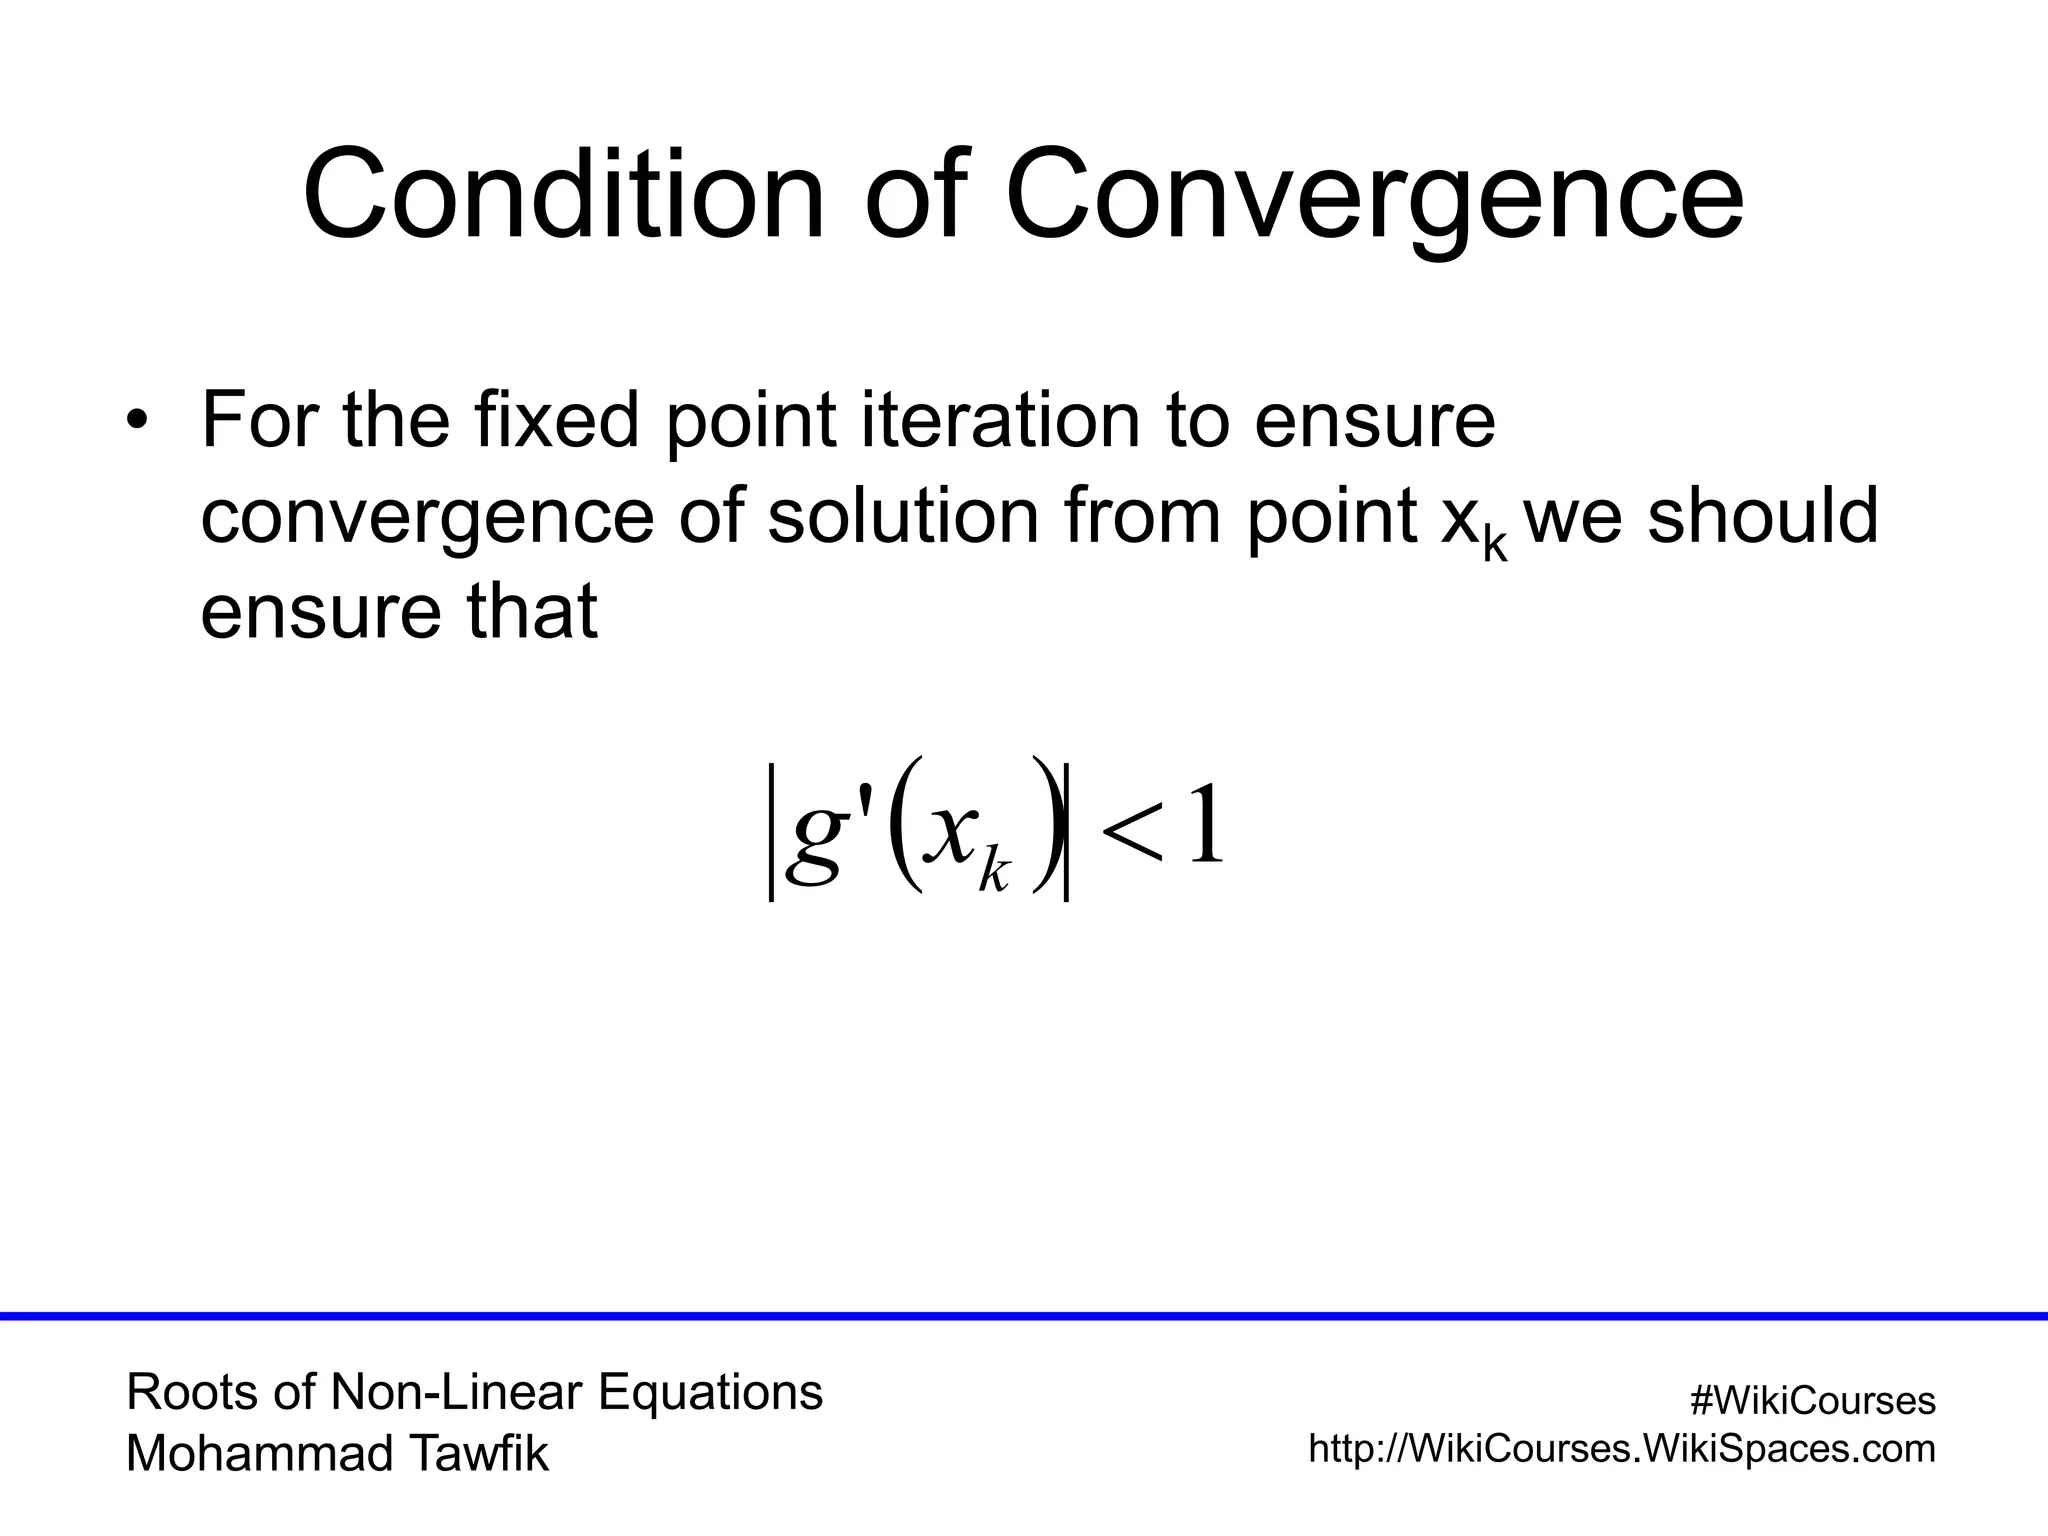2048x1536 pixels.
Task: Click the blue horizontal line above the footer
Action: click(x=1024, y=1316)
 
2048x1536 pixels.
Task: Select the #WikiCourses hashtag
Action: click(x=1812, y=1401)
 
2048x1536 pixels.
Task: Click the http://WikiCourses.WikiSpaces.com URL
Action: click(x=1622, y=1449)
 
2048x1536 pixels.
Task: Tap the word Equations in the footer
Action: click(x=710, y=1392)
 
